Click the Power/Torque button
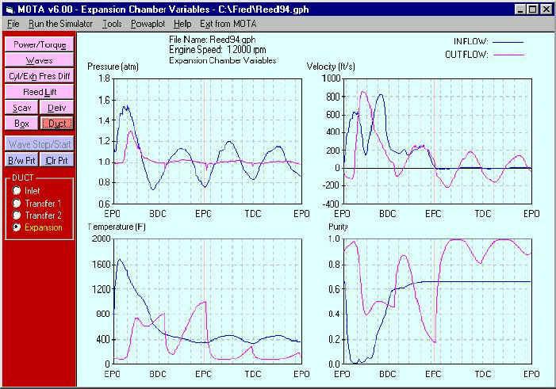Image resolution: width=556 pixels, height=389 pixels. (x=40, y=44)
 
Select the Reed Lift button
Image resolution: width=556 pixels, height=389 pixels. (x=40, y=92)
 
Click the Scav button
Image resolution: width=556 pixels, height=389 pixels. (x=21, y=108)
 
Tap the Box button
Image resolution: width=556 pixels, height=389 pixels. (x=21, y=124)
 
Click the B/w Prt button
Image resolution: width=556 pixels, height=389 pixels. (x=21, y=160)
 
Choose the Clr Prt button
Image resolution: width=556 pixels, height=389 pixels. (x=57, y=160)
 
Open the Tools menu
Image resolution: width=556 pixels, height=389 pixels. (x=112, y=24)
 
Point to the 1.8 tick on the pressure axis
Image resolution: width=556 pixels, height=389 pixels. (x=102, y=79)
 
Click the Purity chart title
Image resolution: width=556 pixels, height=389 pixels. (x=339, y=227)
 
